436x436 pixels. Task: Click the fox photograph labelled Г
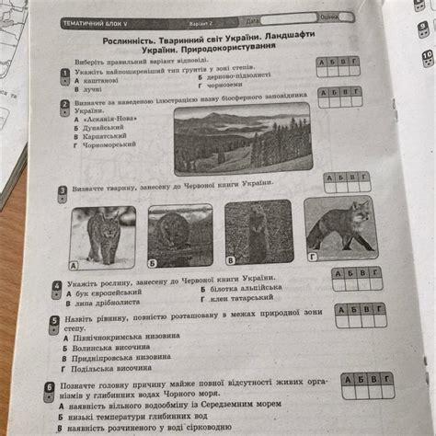point(339,224)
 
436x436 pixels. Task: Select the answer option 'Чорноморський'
point(112,144)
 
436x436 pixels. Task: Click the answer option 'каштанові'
point(103,82)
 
